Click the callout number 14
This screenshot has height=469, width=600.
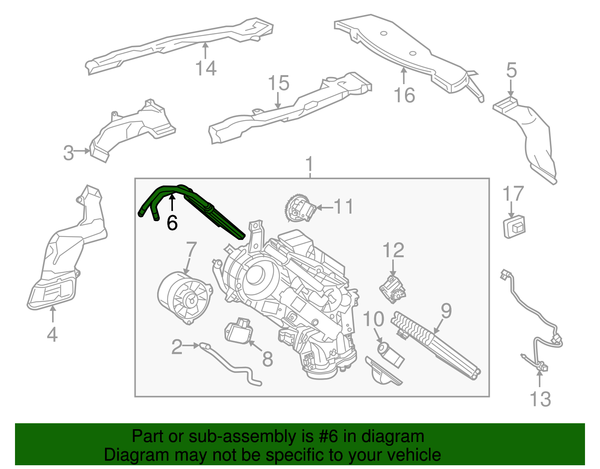pos(206,68)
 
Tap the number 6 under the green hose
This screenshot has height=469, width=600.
pos(172,223)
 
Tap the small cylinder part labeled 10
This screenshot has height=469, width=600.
pos(390,354)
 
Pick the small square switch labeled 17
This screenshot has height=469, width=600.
pos(514,227)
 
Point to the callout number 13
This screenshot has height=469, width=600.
pos(540,399)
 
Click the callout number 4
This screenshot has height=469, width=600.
pos(52,334)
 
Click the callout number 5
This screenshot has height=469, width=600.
pos(511,70)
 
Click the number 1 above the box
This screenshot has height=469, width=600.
pos(309,164)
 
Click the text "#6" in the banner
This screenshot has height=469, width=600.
pos(328,437)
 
